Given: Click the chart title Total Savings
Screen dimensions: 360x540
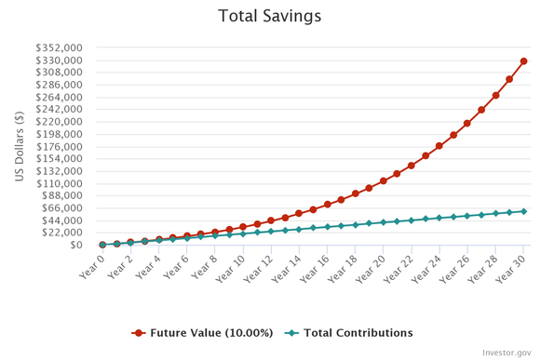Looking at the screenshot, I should tap(269, 16).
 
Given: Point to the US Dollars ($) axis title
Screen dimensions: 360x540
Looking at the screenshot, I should tap(20, 146).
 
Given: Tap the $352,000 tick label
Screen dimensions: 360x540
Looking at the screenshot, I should tap(60, 47).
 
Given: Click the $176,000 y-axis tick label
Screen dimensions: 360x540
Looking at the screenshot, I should tap(60, 146).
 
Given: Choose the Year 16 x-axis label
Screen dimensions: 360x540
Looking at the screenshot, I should tap(317, 264).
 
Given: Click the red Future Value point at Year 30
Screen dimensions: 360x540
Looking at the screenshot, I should tap(523, 61).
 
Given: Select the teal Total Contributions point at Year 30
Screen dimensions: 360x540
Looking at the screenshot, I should tap(523, 211).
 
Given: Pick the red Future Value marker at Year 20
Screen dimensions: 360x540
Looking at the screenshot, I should tap(384, 180).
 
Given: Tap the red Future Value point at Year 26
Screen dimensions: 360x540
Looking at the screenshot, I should tap(467, 123).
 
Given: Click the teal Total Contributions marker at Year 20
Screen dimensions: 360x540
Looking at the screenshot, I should tap(384, 222).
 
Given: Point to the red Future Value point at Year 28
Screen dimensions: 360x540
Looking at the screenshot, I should tap(495, 95).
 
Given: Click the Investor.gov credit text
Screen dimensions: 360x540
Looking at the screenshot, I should tap(506, 353).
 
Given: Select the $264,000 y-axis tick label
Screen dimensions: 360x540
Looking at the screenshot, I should tap(60, 97).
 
